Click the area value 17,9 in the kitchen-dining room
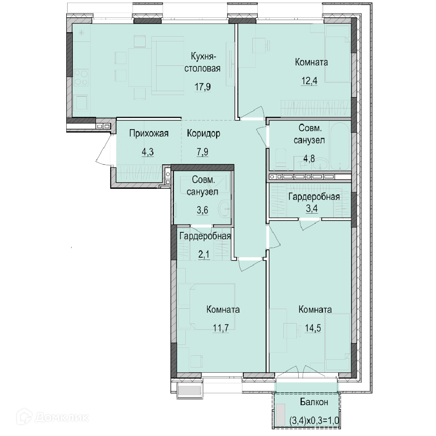202,87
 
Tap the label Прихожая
149,133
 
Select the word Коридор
204,133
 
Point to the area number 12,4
310,81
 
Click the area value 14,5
313,328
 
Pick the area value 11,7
221,328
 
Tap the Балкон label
314,402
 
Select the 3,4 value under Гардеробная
312,208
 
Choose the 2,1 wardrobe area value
204,255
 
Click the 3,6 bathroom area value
202,210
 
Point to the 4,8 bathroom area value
309,159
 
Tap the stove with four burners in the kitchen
81,78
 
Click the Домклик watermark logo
52,417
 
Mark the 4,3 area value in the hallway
148,152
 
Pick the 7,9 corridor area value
202,152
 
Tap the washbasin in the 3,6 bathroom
224,208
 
